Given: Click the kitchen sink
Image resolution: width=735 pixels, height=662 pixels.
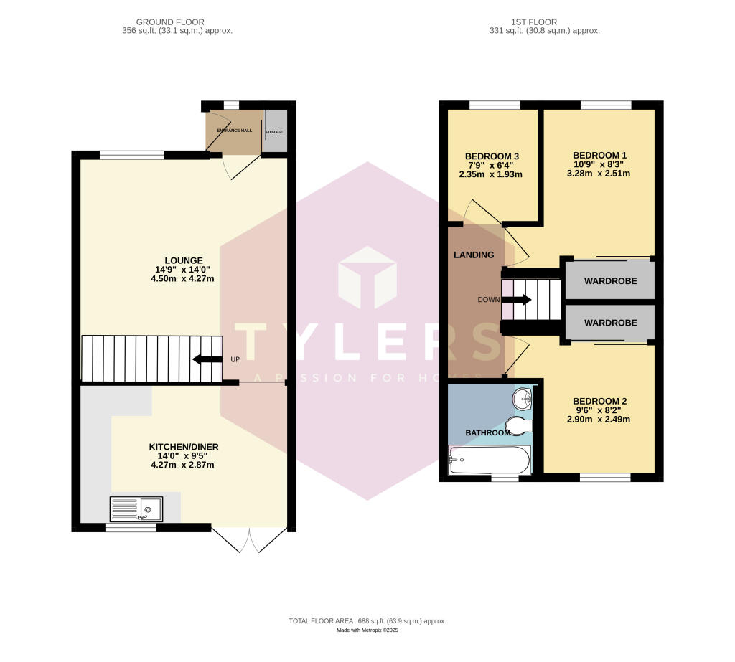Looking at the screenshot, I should click(136, 509).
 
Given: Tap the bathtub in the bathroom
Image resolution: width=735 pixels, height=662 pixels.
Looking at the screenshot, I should click(489, 460).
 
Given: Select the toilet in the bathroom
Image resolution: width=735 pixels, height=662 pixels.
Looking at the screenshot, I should click(518, 425).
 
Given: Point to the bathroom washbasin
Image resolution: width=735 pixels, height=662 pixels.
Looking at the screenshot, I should click(523, 398).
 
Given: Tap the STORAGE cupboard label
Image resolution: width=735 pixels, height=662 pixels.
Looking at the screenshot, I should click(274, 133).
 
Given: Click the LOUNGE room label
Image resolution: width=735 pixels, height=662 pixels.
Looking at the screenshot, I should click(183, 260).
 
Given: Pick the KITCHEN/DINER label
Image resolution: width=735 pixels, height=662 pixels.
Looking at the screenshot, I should click(184, 447).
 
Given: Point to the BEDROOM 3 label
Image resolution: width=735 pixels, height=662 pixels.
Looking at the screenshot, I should click(492, 156).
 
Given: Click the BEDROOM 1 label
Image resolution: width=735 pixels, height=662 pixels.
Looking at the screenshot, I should click(599, 155).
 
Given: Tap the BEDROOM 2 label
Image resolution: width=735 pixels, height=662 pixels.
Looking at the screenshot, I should click(599, 401).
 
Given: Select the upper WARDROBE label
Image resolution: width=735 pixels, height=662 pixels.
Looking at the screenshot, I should click(610, 280).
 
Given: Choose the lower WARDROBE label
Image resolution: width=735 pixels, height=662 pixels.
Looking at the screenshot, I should click(610, 323).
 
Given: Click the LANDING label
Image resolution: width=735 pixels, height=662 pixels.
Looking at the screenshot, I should click(474, 255).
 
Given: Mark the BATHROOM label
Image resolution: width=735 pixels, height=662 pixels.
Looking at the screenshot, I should click(488, 432).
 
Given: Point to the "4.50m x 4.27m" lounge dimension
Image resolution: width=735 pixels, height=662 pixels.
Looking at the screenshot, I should click(183, 280).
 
